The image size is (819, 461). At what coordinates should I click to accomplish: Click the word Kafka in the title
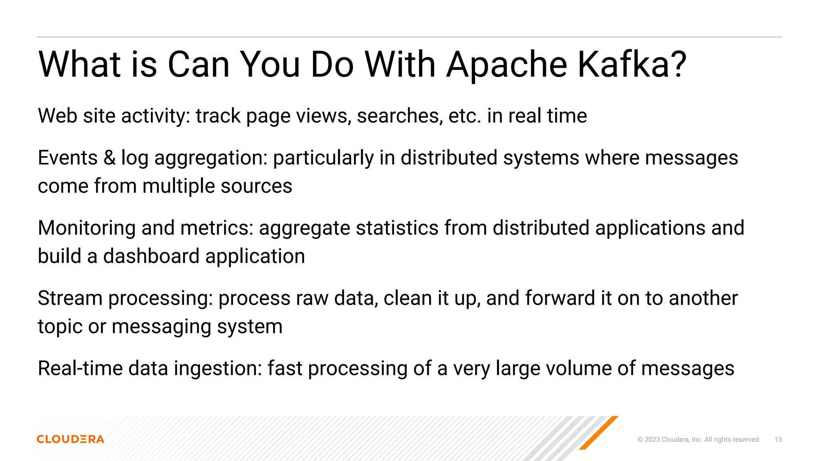pyautogui.click(x=632, y=64)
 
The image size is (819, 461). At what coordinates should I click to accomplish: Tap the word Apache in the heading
pyautogui.click(x=506, y=64)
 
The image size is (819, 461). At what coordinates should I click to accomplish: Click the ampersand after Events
pyautogui.click(x=109, y=158)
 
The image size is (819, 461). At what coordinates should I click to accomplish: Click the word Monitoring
pyautogui.click(x=86, y=228)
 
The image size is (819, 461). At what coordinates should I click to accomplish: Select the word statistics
pyautogui.click(x=397, y=228)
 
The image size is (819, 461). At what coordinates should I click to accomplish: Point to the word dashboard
pyautogui.click(x=151, y=256)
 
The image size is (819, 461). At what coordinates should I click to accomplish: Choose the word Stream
pyautogui.click(x=70, y=298)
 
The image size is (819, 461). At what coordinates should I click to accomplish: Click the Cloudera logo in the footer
pyautogui.click(x=70, y=439)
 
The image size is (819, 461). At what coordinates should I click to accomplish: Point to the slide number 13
pyautogui.click(x=778, y=439)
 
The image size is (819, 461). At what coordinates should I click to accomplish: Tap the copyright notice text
pyautogui.click(x=699, y=439)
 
